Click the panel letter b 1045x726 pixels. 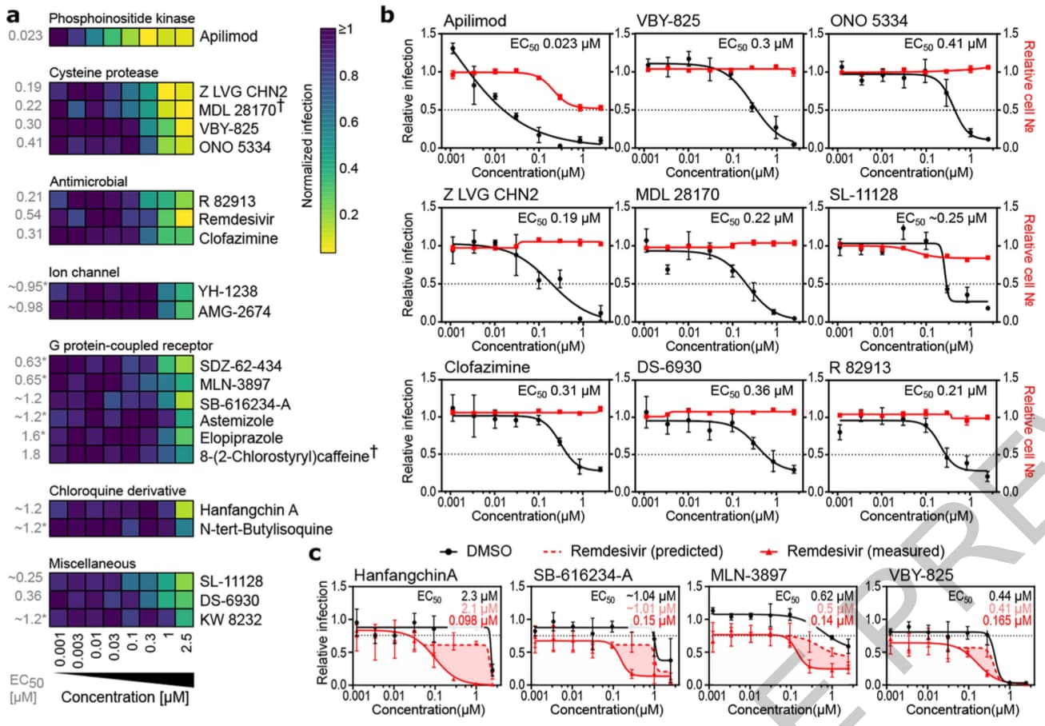[389, 14]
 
